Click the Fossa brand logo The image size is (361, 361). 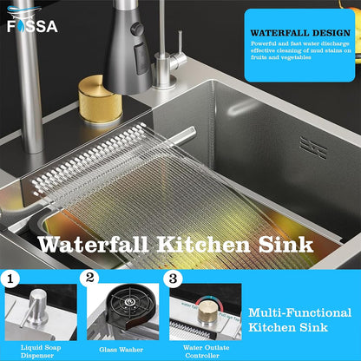[32, 20]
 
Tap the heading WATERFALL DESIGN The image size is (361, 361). [300, 33]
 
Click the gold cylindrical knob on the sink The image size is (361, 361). [100, 100]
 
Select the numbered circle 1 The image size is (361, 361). [10, 279]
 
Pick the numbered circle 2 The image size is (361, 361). [89, 279]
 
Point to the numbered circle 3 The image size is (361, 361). [173, 279]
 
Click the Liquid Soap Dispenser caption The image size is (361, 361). [41, 351]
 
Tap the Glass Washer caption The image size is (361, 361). [121, 350]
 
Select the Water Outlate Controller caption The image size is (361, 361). [206, 351]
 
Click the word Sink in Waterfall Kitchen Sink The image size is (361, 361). [286, 245]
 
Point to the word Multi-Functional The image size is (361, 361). [299, 312]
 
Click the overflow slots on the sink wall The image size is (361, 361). [313, 148]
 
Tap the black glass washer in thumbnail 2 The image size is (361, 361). [128, 306]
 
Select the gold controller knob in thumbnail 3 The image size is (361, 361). [208, 311]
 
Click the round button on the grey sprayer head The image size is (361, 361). [137, 30]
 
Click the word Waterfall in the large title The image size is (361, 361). [93, 245]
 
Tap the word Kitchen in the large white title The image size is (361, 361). [203, 245]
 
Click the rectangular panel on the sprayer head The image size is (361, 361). [141, 59]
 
